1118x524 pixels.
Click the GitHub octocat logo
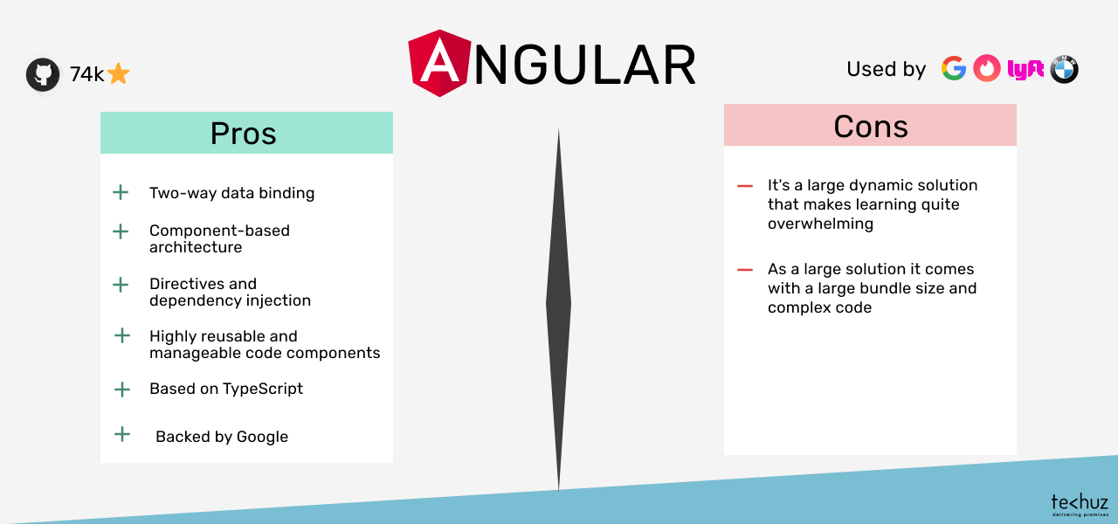coord(43,74)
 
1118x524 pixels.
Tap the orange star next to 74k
coord(118,74)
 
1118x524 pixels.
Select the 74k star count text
coord(86,74)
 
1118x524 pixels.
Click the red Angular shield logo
coord(439,63)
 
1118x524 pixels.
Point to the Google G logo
coord(954,68)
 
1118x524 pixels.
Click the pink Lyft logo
coord(1025,69)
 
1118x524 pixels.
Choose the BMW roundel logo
coord(1064,69)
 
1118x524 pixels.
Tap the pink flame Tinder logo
coord(987,68)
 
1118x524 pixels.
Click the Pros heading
coord(243,134)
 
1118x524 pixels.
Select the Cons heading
coord(871,127)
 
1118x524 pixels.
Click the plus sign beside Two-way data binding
coord(121,192)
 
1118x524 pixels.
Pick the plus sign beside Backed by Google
coord(122,434)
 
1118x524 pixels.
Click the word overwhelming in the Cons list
coord(820,224)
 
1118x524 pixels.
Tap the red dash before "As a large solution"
coord(745,270)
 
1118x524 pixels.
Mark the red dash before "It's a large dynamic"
coord(745,186)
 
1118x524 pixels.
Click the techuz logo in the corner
coord(1080,505)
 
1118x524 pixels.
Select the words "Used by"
coord(887,69)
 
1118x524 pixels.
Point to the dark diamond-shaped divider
coord(558,309)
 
